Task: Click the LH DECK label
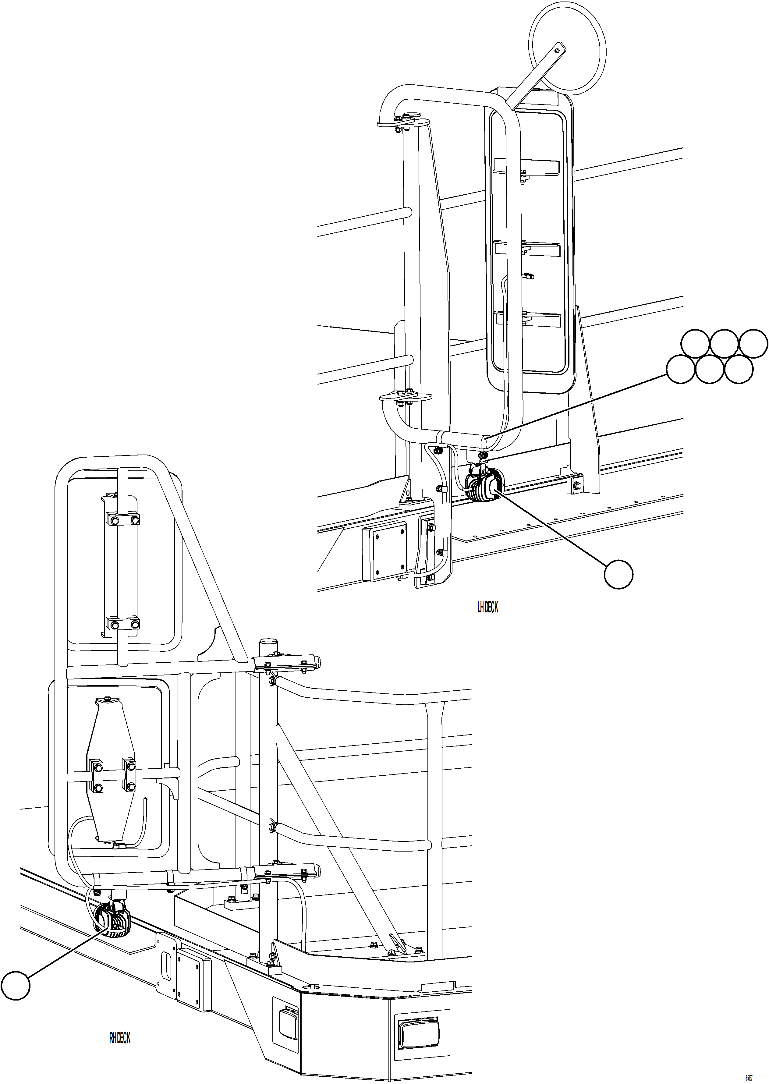click(x=487, y=607)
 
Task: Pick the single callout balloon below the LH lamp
click(x=618, y=574)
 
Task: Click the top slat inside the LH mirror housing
click(x=526, y=167)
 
